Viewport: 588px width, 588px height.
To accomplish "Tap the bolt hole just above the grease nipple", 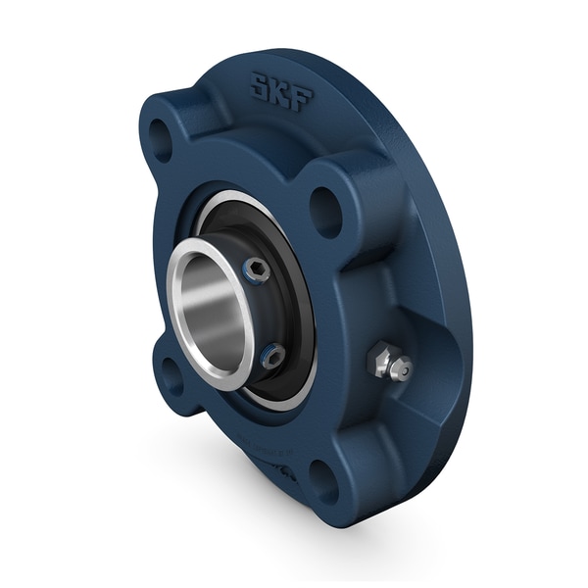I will pos(324,209).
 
